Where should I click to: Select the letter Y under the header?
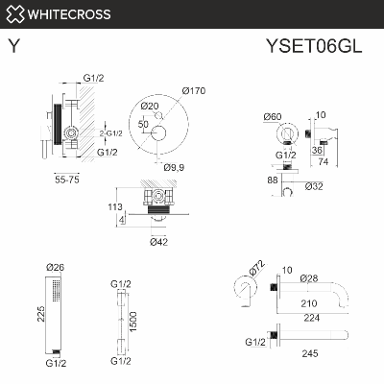point(12,45)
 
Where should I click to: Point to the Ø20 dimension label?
point(149,106)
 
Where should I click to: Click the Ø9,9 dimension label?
point(175,167)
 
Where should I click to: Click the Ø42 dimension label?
point(159,241)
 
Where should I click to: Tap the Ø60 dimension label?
point(272,116)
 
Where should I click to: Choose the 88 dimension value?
point(273,179)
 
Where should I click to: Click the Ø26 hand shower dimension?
point(55,266)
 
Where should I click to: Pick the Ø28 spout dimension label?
point(309,278)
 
